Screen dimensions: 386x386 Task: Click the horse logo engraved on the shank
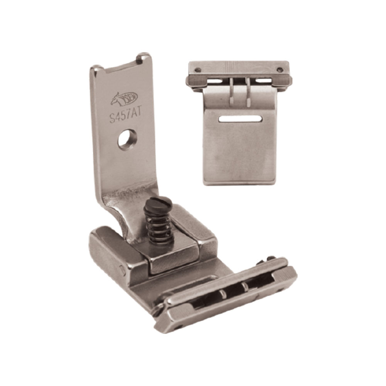(x=124, y=99)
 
